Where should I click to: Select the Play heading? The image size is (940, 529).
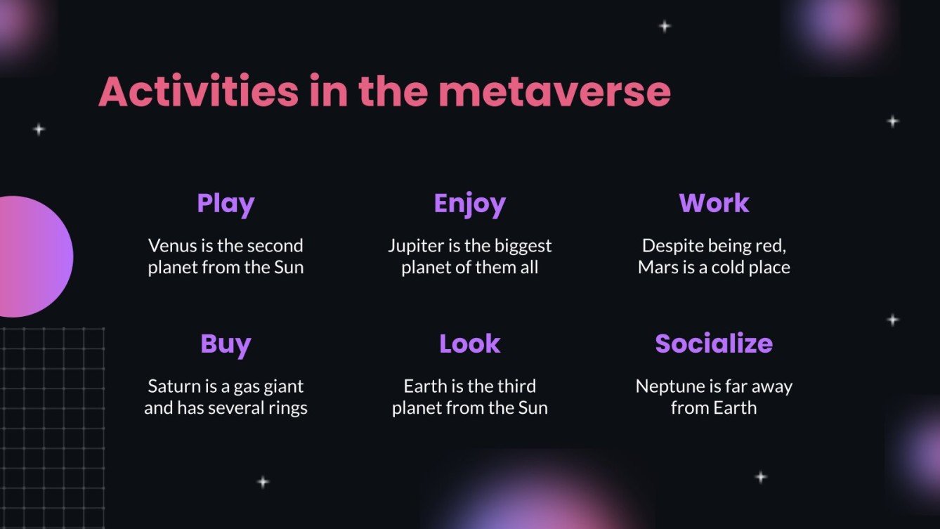(226, 203)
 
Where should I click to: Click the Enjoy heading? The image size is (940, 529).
(469, 203)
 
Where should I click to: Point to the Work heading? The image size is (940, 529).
(714, 203)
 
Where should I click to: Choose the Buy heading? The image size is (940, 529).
(226, 344)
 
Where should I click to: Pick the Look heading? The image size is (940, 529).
(469, 344)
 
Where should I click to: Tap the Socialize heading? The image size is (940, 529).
(714, 344)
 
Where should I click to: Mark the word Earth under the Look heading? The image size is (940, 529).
(424, 386)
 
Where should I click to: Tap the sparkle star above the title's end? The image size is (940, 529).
(664, 27)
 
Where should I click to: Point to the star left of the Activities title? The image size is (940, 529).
(39, 129)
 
